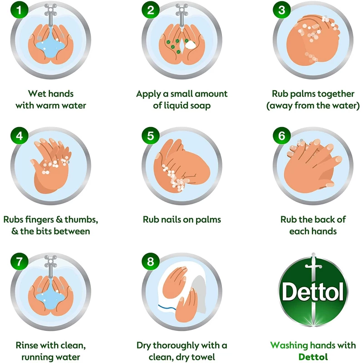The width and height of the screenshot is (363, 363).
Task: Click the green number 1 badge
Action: click(x=19, y=10)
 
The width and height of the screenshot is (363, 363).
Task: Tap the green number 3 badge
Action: click(x=282, y=10)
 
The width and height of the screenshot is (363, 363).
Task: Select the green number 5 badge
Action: click(x=151, y=136)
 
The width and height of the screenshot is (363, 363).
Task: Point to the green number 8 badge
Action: click(x=151, y=262)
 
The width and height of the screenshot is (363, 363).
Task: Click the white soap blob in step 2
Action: click(x=190, y=44)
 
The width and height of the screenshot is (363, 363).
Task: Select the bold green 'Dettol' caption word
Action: click(x=313, y=357)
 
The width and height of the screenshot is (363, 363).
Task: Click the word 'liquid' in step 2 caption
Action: click(x=176, y=106)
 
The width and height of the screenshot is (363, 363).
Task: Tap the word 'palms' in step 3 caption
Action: click(x=303, y=94)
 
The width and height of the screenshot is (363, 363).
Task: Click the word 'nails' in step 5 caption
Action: click(x=171, y=220)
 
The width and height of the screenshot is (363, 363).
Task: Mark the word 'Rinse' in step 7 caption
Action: click(x=26, y=345)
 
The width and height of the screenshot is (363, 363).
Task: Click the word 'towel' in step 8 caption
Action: click(x=204, y=357)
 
